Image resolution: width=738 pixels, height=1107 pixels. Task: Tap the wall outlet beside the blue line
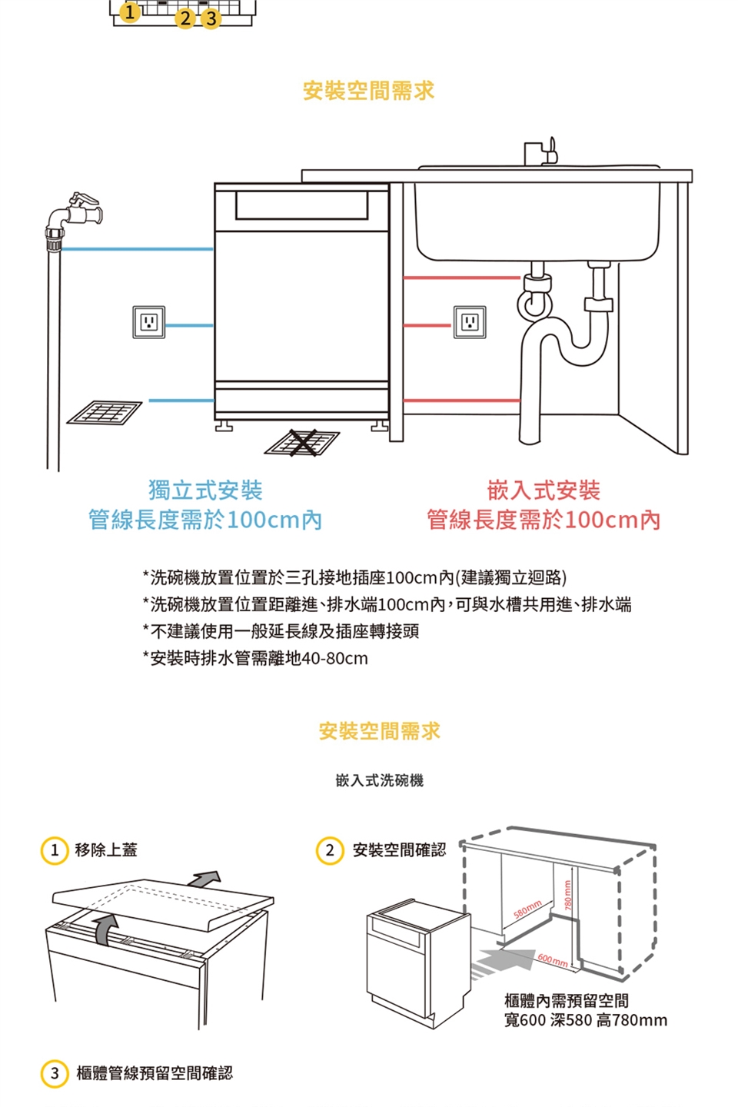[148, 321]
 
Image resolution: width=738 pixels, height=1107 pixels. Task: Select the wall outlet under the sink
[469, 321]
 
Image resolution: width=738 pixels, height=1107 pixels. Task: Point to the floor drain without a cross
[105, 413]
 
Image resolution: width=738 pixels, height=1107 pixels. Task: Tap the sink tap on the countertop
[540, 152]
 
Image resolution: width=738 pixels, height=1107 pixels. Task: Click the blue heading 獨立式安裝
[205, 490]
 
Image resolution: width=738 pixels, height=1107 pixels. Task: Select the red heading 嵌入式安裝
[544, 490]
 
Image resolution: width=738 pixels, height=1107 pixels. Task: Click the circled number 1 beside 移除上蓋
[54, 850]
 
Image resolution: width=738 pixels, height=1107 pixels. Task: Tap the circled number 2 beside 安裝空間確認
[330, 850]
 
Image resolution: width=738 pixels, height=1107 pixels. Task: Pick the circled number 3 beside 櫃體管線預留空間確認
[54, 1073]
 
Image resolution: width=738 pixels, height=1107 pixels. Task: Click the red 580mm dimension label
[528, 909]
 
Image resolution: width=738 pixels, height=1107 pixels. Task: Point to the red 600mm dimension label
[553, 960]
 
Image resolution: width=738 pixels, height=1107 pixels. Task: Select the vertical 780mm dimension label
[567, 895]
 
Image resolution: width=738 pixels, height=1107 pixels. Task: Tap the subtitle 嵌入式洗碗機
[379, 781]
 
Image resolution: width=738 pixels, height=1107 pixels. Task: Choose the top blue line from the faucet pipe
[137, 249]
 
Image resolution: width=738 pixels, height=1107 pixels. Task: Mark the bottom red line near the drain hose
[461, 401]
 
